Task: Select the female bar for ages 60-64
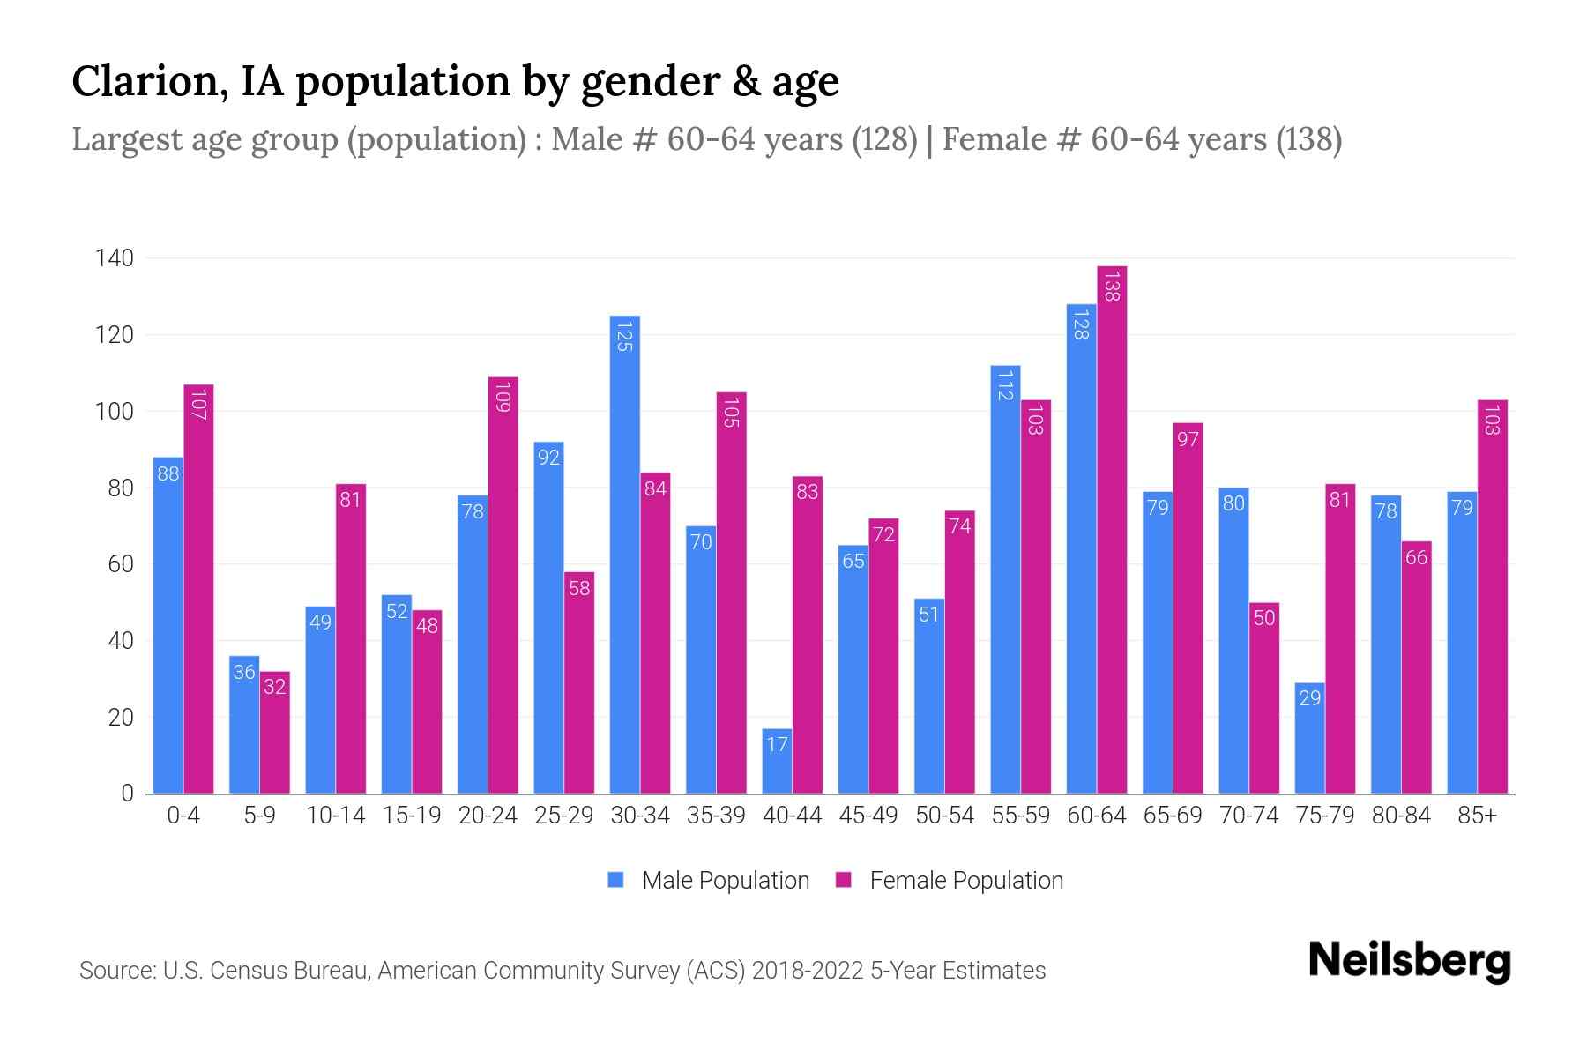click(x=1112, y=529)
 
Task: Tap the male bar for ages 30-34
click(x=624, y=555)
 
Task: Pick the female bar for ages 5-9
click(x=275, y=732)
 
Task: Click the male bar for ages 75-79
click(x=1309, y=738)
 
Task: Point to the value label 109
click(x=503, y=397)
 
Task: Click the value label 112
click(x=1005, y=385)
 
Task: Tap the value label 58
click(x=579, y=588)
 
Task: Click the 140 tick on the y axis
click(x=115, y=258)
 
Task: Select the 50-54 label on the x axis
click(x=944, y=816)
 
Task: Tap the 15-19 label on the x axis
click(x=412, y=816)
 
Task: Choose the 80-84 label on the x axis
click(x=1401, y=816)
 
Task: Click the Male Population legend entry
click(x=725, y=881)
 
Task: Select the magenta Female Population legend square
click(x=844, y=880)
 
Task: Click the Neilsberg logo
click(x=1409, y=961)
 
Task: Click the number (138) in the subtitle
click(x=1308, y=139)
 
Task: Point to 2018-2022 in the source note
click(x=808, y=971)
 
